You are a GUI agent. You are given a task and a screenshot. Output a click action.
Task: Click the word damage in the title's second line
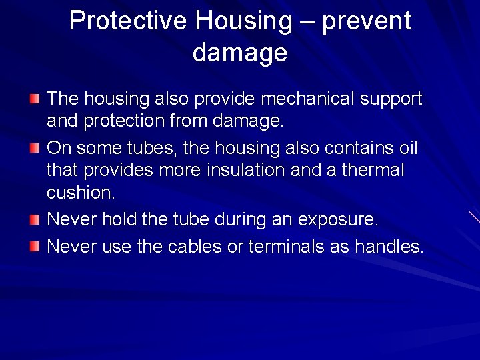click(x=240, y=52)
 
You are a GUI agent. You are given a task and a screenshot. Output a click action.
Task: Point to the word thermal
click(x=373, y=170)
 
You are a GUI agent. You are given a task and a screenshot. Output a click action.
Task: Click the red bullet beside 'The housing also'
click(x=35, y=99)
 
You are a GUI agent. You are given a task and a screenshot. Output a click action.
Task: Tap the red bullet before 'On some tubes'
click(x=35, y=146)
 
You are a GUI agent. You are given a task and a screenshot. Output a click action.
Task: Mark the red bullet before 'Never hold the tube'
click(x=35, y=218)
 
